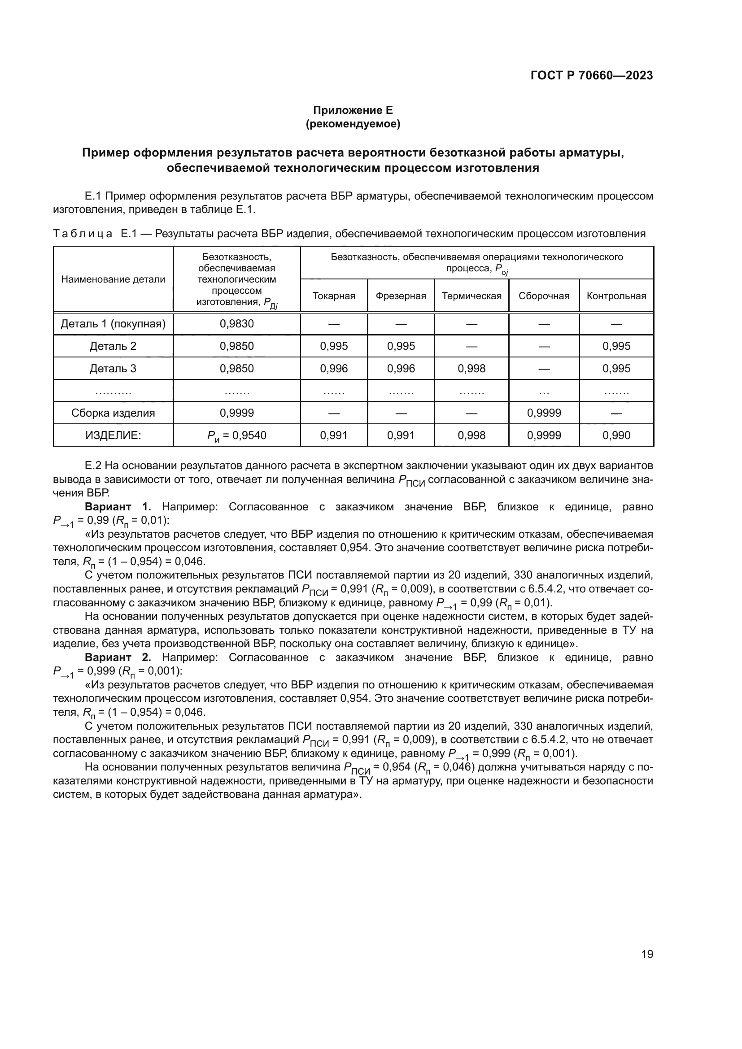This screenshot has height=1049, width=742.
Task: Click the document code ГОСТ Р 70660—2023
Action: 592,76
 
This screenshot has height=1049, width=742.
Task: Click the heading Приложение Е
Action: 353,110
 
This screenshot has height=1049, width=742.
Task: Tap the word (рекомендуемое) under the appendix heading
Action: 353,124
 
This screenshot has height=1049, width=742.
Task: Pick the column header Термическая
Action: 471,296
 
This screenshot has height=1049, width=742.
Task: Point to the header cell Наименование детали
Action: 113,279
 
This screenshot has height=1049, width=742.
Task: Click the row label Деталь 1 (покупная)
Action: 113,324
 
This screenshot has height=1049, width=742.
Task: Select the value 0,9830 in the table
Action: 236,324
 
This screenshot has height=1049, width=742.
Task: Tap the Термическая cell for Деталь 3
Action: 471,368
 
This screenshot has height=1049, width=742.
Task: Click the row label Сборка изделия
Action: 113,413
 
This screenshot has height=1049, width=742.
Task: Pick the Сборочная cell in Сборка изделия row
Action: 544,413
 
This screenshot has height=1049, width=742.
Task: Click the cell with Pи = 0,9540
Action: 236,435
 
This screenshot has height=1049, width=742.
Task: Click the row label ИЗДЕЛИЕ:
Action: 113,435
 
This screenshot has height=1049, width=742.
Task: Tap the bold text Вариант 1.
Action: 118,507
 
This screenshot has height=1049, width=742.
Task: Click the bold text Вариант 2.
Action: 118,657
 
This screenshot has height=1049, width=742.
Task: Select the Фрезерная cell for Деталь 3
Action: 401,368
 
